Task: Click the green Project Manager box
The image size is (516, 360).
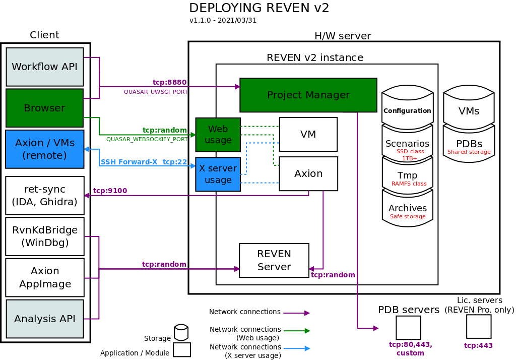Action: (x=308, y=95)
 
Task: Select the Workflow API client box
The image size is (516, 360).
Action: (x=45, y=67)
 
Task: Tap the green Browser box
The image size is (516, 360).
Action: (x=44, y=108)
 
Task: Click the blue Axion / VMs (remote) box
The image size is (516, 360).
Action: (x=44, y=149)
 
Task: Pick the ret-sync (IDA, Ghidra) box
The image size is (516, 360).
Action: (x=44, y=196)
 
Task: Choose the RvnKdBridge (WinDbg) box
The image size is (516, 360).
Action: (x=44, y=236)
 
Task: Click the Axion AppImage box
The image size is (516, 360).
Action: (x=44, y=277)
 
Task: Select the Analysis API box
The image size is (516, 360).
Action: (x=45, y=319)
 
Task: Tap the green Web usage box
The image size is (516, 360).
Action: (x=218, y=135)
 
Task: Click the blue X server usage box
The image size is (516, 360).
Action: (x=218, y=174)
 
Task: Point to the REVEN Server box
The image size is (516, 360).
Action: (x=274, y=260)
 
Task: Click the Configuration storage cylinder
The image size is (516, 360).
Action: (x=407, y=108)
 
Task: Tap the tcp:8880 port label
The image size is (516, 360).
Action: (x=170, y=82)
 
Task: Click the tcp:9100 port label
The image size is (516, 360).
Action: (x=110, y=191)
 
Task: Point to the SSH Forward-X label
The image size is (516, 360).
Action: (x=129, y=162)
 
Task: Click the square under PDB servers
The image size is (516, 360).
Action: (x=408, y=327)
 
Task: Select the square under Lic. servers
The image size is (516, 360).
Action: (x=478, y=326)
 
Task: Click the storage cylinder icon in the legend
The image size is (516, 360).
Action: (x=181, y=332)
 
